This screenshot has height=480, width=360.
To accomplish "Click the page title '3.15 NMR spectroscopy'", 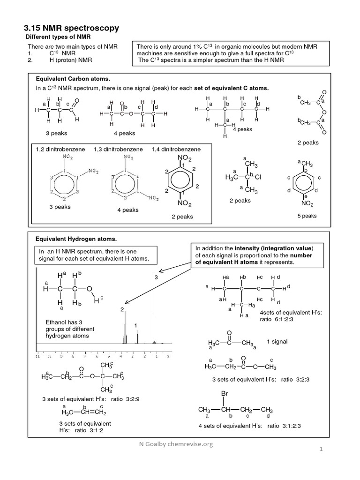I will (x=71, y=29).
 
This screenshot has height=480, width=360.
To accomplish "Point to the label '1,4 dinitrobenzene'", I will (x=176, y=149).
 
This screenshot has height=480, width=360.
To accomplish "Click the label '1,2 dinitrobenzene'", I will (x=60, y=149).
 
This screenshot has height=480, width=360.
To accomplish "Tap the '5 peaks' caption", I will (x=307, y=216).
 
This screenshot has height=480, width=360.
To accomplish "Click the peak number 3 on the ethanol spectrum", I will (x=156, y=277).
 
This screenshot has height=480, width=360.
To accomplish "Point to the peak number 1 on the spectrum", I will (x=135, y=325).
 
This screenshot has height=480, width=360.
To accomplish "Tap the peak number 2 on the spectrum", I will (x=122, y=310).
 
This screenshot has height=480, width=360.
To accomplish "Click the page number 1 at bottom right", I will (x=322, y=450).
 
